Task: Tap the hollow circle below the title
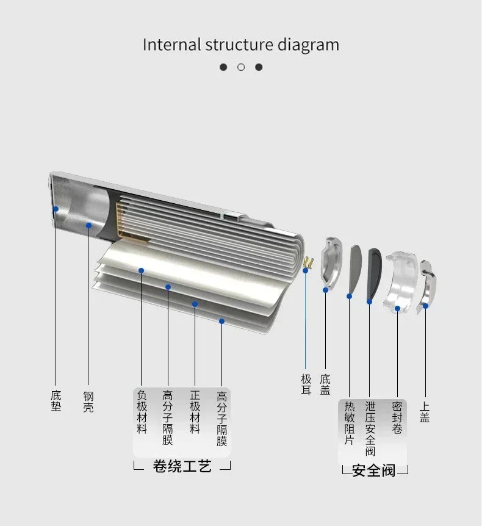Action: click(241, 67)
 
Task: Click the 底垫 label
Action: click(56, 401)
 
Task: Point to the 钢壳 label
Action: click(88, 401)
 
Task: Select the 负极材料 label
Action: click(142, 412)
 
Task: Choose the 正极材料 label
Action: click(195, 412)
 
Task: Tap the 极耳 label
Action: click(306, 384)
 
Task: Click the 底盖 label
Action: click(325, 384)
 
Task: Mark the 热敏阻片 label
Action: click(349, 423)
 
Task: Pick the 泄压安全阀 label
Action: click(370, 428)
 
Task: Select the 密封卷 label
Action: click(397, 417)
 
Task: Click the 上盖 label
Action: click(425, 412)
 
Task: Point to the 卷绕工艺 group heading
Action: click(182, 467)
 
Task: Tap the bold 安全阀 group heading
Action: click(374, 470)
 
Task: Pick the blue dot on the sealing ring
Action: click(397, 308)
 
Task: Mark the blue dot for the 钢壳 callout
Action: click(88, 225)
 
